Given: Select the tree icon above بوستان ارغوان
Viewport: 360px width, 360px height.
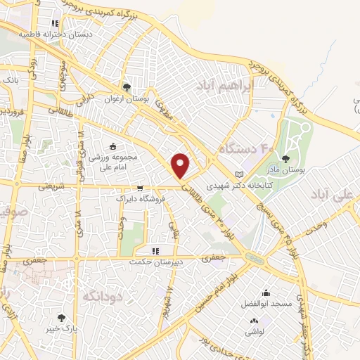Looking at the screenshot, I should pos(127,88).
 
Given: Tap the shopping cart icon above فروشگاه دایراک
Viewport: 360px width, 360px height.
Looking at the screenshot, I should pos(141,188).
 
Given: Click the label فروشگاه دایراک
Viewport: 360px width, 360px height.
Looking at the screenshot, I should pos(141,199).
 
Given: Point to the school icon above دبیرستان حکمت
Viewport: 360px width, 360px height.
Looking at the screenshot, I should pos(155,250).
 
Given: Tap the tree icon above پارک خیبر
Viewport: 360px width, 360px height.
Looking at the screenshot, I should pos(61,318).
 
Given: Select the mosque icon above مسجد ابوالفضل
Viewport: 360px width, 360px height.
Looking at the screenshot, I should pos(266,293).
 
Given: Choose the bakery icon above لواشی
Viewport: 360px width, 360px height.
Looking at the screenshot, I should pos(253,321).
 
